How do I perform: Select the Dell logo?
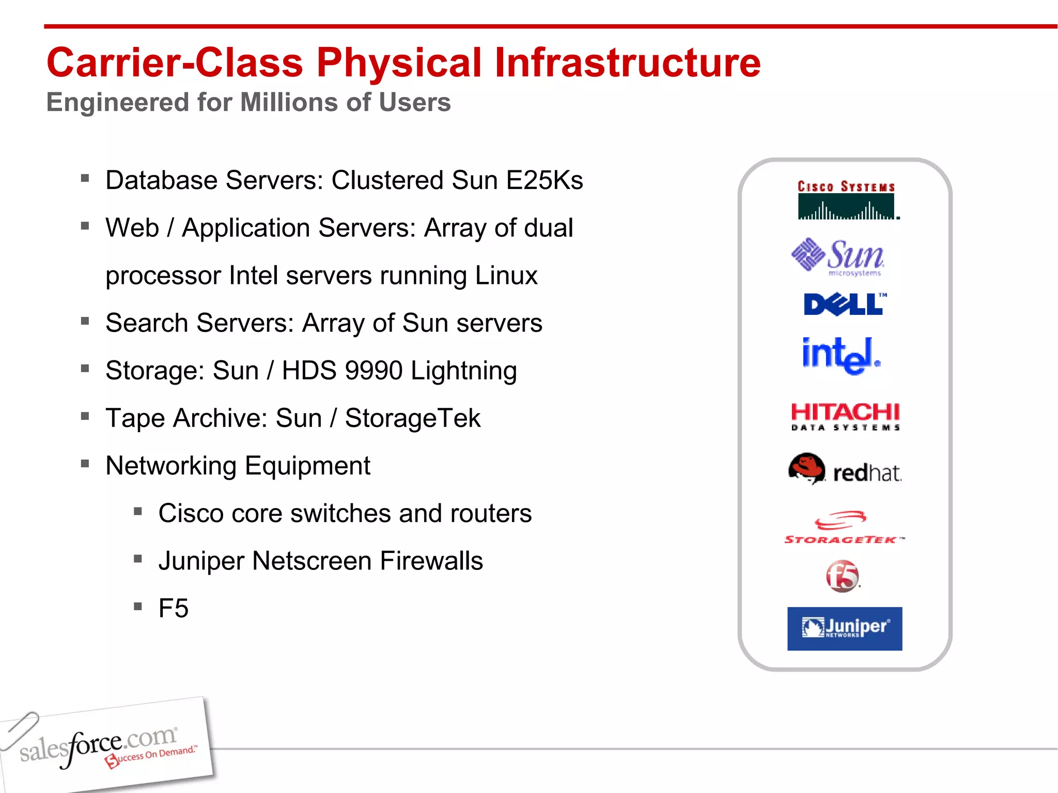(845, 304)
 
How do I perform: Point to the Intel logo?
(841, 356)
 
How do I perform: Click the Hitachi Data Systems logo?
(845, 416)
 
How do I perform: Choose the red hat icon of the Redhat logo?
(806, 468)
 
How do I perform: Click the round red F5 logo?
(843, 576)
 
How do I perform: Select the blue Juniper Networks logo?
(845, 628)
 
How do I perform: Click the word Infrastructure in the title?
(627, 63)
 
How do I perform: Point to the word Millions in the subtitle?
(289, 102)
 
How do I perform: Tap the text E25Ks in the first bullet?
(544, 181)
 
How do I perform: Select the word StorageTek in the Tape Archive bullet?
(412, 418)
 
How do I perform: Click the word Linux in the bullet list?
(506, 276)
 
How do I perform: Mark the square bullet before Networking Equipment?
(85, 464)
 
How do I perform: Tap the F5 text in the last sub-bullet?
(174, 609)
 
